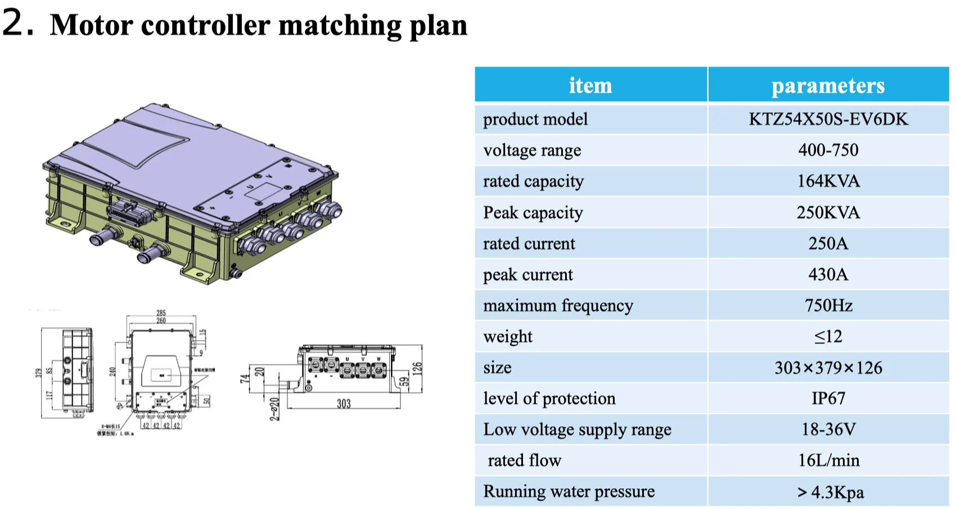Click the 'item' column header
coord(590,86)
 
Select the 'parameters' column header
coord(828,86)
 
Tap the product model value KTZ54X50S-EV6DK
coord(828,119)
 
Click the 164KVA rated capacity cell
coord(828,181)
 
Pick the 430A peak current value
coord(828,274)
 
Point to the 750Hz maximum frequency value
coord(828,305)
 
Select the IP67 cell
coord(828,398)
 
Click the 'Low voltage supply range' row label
coord(577,430)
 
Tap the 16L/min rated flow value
coord(828,460)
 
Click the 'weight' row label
coord(507,337)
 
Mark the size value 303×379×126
coord(828,368)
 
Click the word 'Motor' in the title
coord(90,25)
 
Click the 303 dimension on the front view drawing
coord(344,403)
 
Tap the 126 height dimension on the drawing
coord(417,369)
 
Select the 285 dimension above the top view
coord(161,312)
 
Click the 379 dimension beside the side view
coord(38,373)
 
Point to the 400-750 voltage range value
coord(828,150)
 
